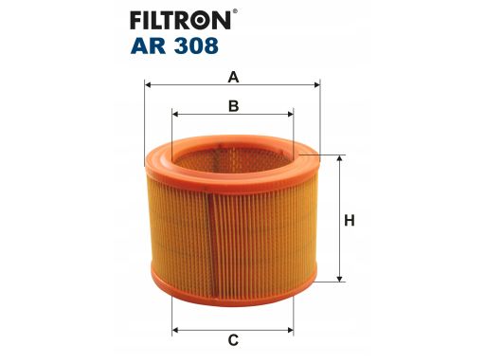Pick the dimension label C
pyautogui.click(x=233, y=339)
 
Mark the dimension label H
pyautogui.click(x=350, y=220)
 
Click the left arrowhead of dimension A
pyautogui.click(x=148, y=83)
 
